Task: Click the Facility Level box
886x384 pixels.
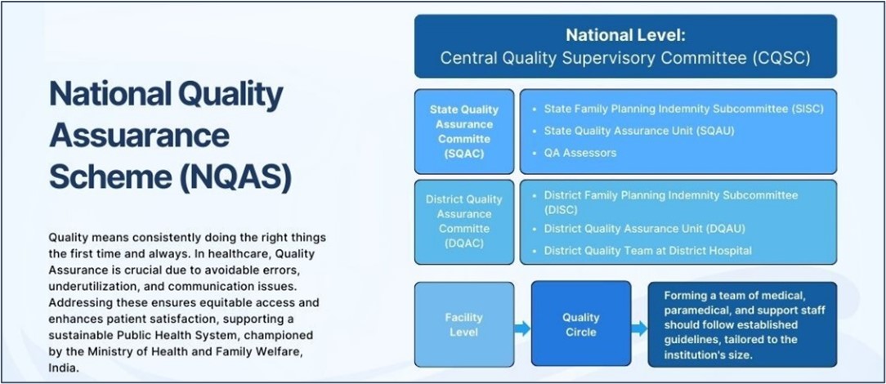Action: [x=464, y=324]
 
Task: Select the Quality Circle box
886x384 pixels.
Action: [x=581, y=324]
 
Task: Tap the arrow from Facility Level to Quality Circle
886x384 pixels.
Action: [x=522, y=328]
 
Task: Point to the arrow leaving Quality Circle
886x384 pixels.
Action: [x=639, y=328]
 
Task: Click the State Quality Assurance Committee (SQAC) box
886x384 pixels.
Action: [x=464, y=132]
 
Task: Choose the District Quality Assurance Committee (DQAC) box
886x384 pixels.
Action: [x=464, y=222]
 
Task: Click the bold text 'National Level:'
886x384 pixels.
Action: [x=625, y=36]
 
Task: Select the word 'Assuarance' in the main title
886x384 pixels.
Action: [x=140, y=136]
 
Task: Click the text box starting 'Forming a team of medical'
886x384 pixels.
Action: [x=742, y=324]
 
